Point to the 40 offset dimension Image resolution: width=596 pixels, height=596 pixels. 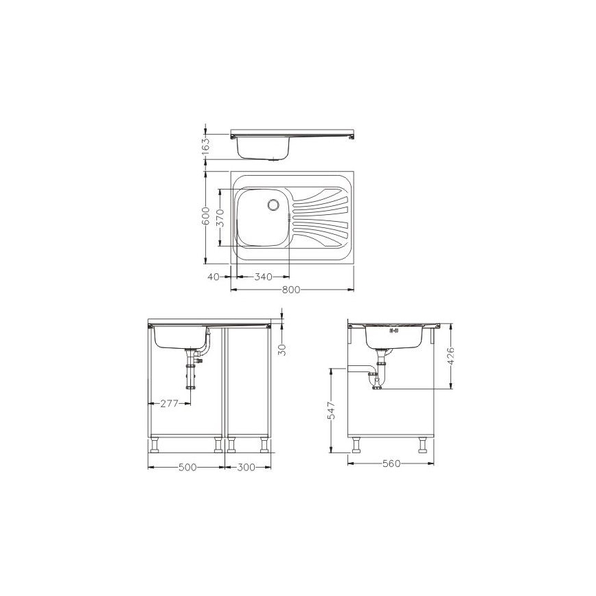213,277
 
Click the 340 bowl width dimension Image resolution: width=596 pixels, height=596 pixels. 263,277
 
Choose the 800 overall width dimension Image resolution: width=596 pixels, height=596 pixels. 291,290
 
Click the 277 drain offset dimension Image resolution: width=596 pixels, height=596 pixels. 170,404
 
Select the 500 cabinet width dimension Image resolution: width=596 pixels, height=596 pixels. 187,467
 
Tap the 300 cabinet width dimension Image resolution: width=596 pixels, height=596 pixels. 246,467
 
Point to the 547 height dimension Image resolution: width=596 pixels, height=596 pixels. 331,411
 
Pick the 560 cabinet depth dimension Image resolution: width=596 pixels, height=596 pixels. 391,463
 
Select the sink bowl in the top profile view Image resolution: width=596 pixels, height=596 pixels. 264,146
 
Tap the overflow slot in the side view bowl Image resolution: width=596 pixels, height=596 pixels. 393,330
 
